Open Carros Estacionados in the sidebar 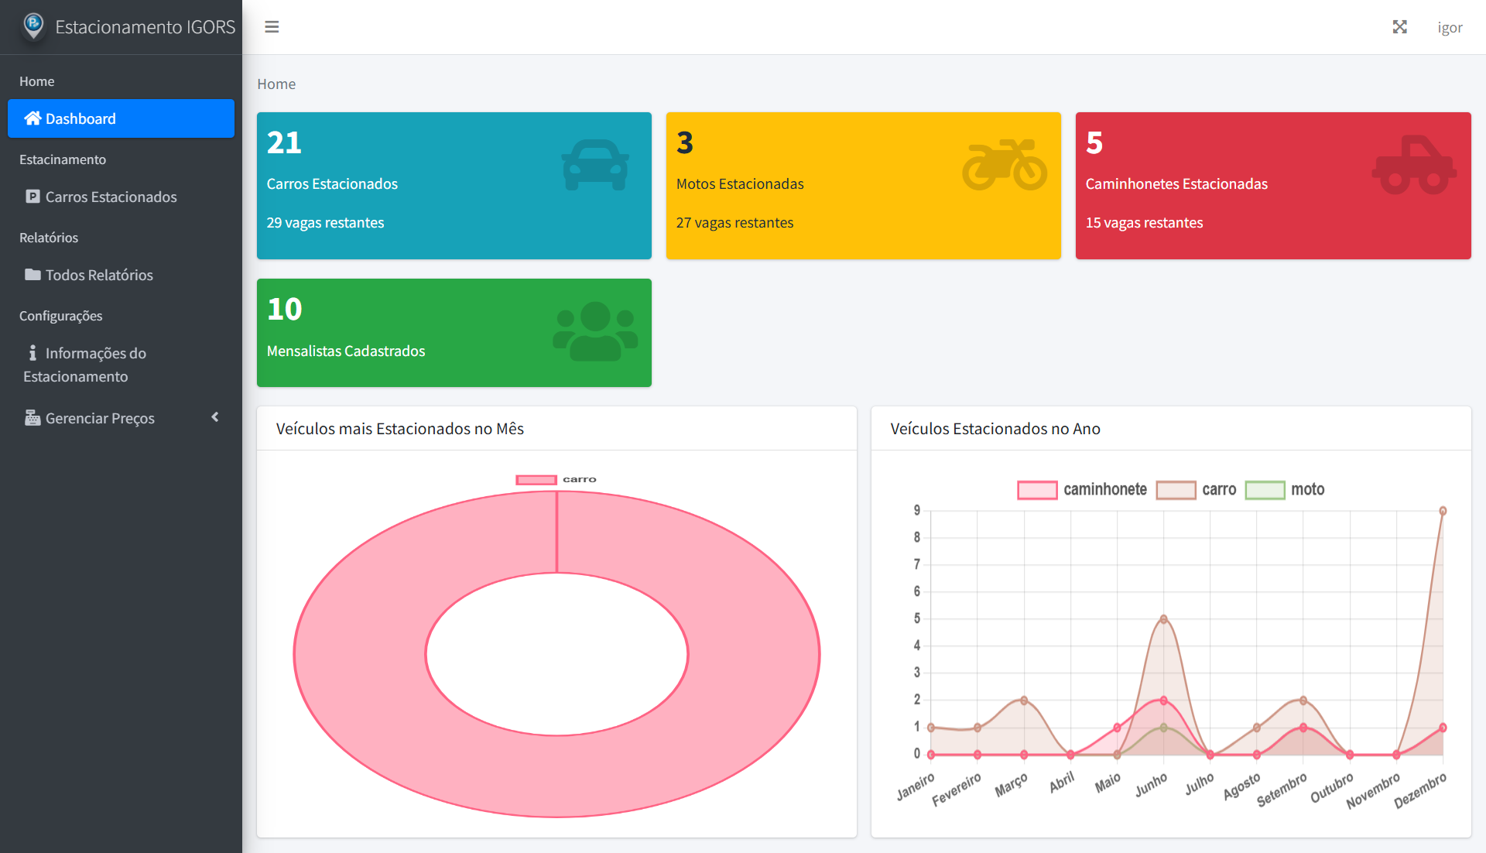(111, 197)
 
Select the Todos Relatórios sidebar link (99, 275)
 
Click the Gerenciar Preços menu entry (100, 418)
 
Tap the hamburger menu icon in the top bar (272, 27)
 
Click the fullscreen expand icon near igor (1399, 27)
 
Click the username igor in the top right (1450, 27)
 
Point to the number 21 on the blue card (284, 142)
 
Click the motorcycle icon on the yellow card (1004, 164)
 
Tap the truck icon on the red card (1413, 164)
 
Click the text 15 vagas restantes (1144, 223)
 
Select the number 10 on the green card (284, 309)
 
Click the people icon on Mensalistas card (595, 331)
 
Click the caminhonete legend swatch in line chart (1036, 490)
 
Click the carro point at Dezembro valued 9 (1443, 511)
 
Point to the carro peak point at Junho (1163, 619)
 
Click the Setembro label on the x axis (1282, 790)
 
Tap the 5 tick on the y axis (917, 618)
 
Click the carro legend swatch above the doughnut (536, 480)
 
